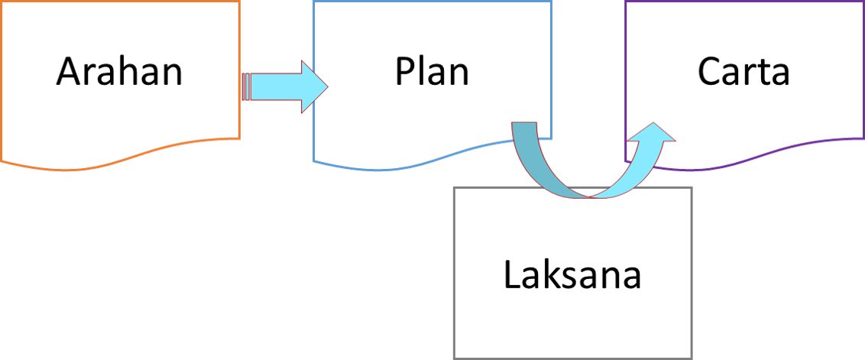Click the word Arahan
[x=119, y=73]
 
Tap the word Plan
[x=432, y=73]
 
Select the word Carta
[x=744, y=73]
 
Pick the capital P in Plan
[x=405, y=73]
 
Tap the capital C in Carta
[x=710, y=73]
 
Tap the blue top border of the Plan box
[x=432, y=2]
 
